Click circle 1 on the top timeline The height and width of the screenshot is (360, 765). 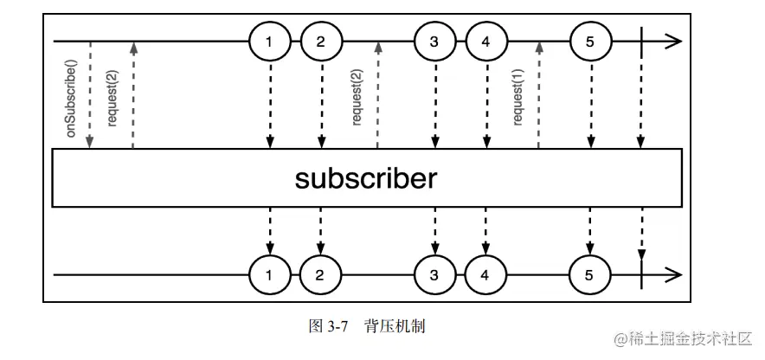point(270,41)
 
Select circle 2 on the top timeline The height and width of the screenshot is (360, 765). point(321,41)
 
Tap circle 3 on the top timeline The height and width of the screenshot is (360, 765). point(434,41)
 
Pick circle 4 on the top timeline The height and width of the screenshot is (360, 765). point(486,41)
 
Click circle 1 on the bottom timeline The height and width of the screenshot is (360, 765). point(270,276)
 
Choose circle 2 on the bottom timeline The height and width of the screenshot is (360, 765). point(321,276)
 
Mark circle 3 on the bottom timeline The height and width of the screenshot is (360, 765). point(434,276)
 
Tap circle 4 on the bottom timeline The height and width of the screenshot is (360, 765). point(486,276)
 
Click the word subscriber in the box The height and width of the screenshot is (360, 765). point(365,179)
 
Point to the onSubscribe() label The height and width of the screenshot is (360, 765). point(72,102)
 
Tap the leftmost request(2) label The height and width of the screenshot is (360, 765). point(112,103)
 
